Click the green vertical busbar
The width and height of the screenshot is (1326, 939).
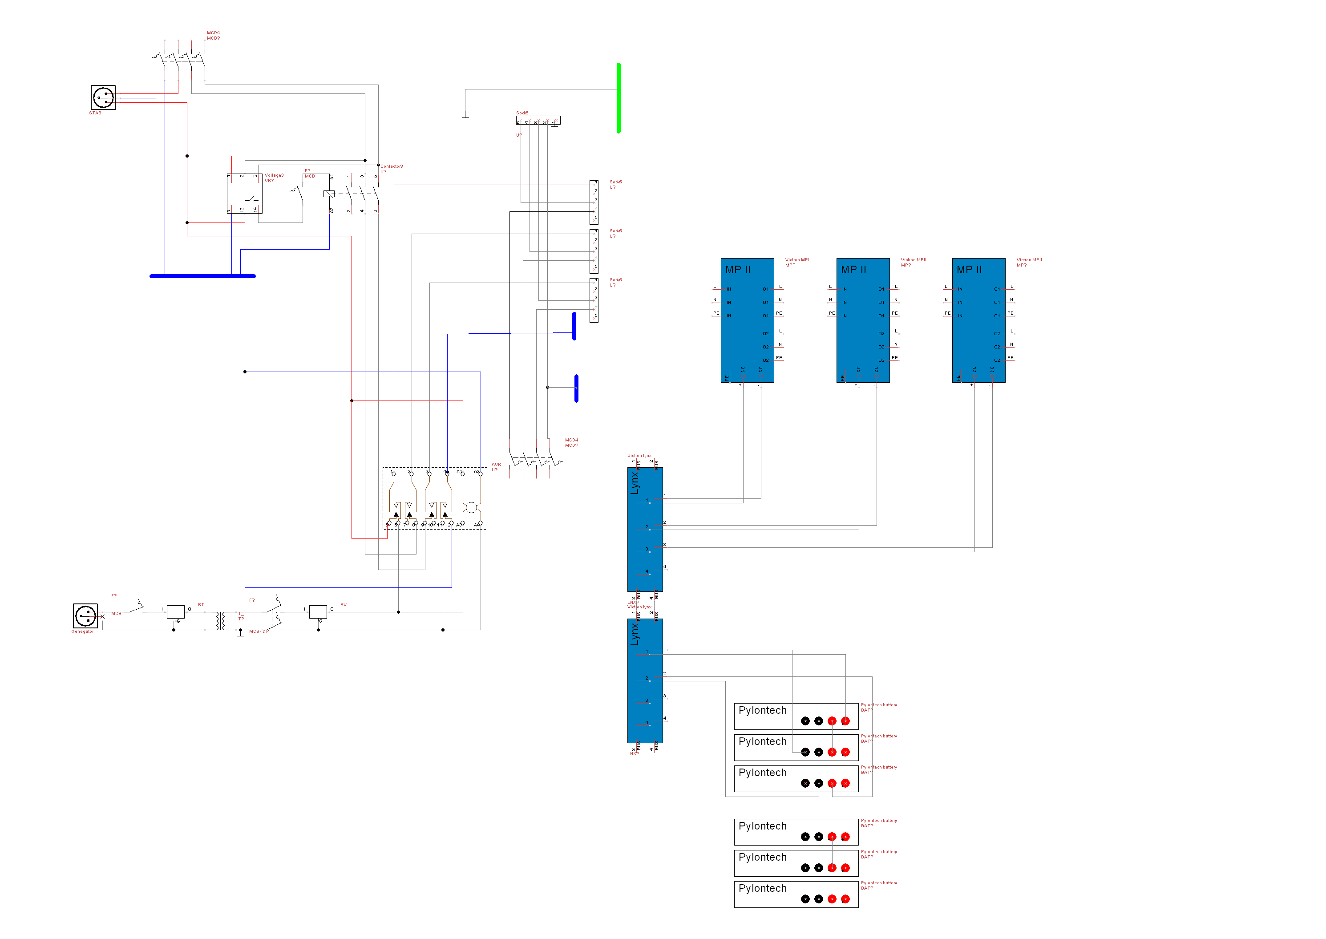point(618,98)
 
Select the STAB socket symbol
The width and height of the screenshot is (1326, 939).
point(103,97)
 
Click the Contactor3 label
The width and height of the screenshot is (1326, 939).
point(391,166)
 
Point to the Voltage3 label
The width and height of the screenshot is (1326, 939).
point(274,175)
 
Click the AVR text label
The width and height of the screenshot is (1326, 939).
point(496,464)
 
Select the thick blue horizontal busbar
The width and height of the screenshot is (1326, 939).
point(202,276)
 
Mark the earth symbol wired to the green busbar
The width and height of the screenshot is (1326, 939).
point(465,116)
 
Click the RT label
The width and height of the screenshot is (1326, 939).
point(201,605)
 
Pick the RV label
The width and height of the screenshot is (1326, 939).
point(344,605)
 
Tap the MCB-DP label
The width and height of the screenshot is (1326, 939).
point(259,631)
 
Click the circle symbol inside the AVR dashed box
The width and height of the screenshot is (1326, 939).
point(471,508)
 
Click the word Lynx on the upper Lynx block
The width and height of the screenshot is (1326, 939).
point(635,483)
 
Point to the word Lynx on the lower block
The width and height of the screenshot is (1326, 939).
point(635,634)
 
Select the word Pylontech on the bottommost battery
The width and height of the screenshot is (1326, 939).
point(762,888)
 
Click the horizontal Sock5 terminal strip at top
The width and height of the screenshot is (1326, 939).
point(538,120)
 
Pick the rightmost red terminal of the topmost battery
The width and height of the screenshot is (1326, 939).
point(845,721)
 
